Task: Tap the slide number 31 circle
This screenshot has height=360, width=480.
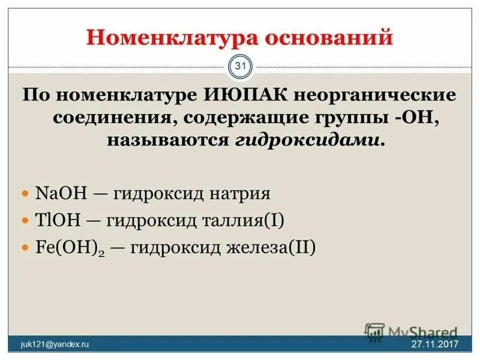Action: point(241,66)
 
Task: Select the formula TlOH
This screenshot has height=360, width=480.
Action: point(58,221)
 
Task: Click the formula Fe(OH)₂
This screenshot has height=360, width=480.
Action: point(65,248)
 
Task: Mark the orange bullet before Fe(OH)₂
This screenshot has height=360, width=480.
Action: point(25,248)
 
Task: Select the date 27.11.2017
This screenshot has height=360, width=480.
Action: point(434,344)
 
